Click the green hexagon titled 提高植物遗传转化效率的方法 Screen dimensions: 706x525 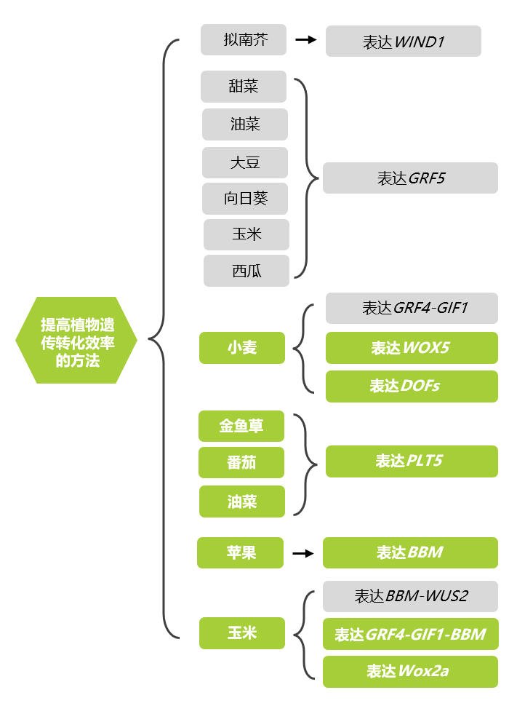click(x=76, y=340)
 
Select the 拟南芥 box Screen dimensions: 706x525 click(x=244, y=40)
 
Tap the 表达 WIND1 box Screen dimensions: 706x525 click(x=403, y=41)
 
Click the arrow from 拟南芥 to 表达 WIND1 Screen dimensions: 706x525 click(x=306, y=40)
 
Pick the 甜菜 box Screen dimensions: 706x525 click(x=244, y=87)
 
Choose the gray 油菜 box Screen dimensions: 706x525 click(x=245, y=124)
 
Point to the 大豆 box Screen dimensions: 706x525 click(x=245, y=162)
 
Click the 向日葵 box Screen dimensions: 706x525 click(x=245, y=198)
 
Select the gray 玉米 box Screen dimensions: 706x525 click(x=247, y=234)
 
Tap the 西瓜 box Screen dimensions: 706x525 click(x=247, y=271)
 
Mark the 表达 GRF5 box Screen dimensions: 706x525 click(x=410, y=178)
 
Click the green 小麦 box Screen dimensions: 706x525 click(x=241, y=348)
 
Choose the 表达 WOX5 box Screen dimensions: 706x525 click(x=412, y=348)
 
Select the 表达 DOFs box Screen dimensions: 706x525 click(x=412, y=386)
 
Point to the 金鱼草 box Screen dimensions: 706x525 click(x=241, y=426)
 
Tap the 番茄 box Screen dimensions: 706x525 click(x=241, y=463)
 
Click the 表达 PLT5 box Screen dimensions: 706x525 click(x=412, y=461)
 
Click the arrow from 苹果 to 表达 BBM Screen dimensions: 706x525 click(x=303, y=553)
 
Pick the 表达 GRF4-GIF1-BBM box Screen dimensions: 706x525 click(x=410, y=634)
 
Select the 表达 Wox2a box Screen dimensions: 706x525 click(x=410, y=671)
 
